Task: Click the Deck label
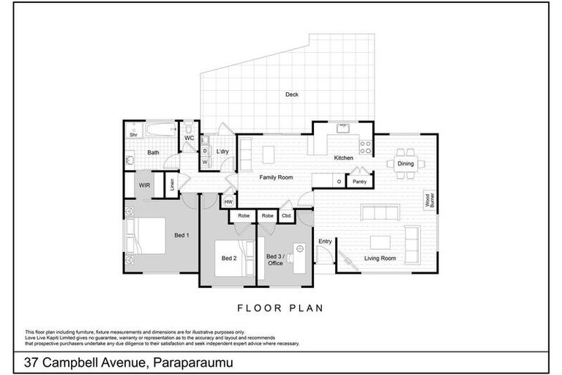[x=292, y=94]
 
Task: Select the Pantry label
[x=359, y=181]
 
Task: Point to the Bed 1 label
[x=181, y=235]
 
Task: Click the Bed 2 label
[x=229, y=258]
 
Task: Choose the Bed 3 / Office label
[x=275, y=259]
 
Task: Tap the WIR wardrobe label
[x=144, y=186]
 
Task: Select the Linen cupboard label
[x=172, y=185]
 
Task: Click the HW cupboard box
[x=228, y=201]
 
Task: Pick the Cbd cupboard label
[x=286, y=216]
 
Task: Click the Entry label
[x=325, y=241]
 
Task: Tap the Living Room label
[x=381, y=258]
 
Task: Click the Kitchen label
[x=344, y=157]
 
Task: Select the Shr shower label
[x=134, y=135]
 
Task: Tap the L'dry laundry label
[x=222, y=152]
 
